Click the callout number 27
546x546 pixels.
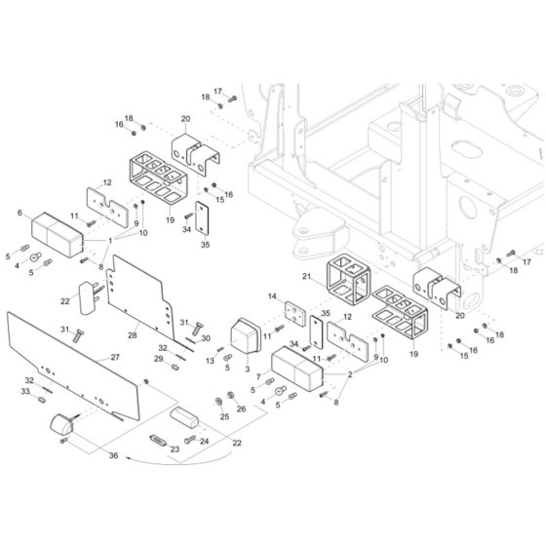coord(115,357)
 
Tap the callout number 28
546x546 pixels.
coord(133,335)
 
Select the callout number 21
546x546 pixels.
coord(306,276)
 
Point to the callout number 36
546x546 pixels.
coord(113,455)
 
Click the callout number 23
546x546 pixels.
coord(175,449)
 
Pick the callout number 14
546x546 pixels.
coord(272,296)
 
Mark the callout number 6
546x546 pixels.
coord(19,213)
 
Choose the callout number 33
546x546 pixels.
coord(25,391)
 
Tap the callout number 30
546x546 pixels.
coord(206,338)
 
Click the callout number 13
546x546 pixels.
coord(210,361)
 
